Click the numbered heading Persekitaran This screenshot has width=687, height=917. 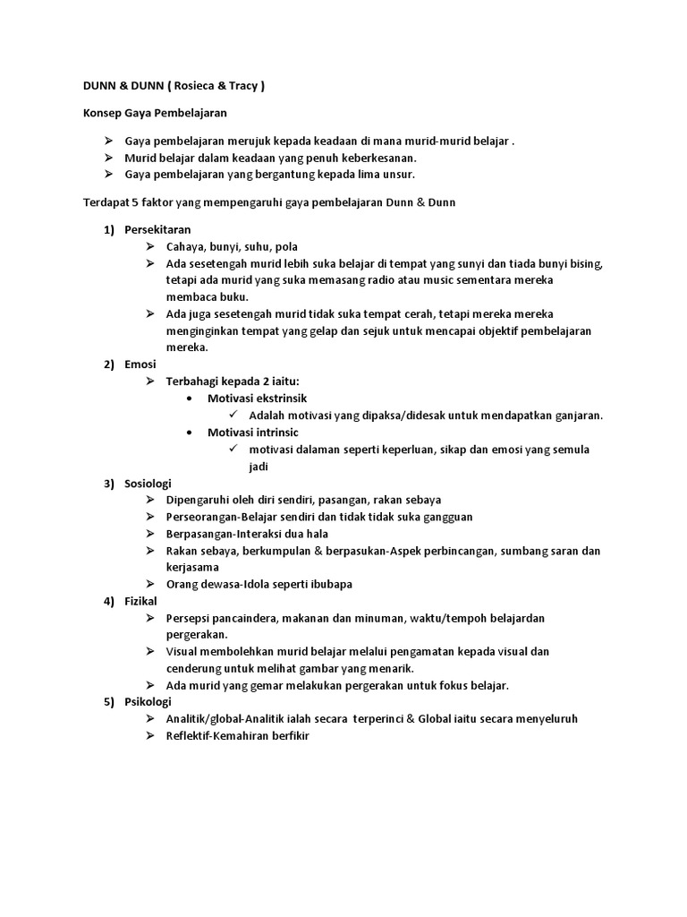pos(157,230)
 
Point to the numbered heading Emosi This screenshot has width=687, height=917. pos(140,364)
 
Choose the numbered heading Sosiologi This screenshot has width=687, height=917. pos(148,483)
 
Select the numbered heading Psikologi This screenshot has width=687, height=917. pos(148,702)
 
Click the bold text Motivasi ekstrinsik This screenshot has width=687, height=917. pos(250,399)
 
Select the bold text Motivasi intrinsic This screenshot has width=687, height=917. pos(246,432)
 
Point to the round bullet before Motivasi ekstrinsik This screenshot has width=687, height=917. pos(189,399)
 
